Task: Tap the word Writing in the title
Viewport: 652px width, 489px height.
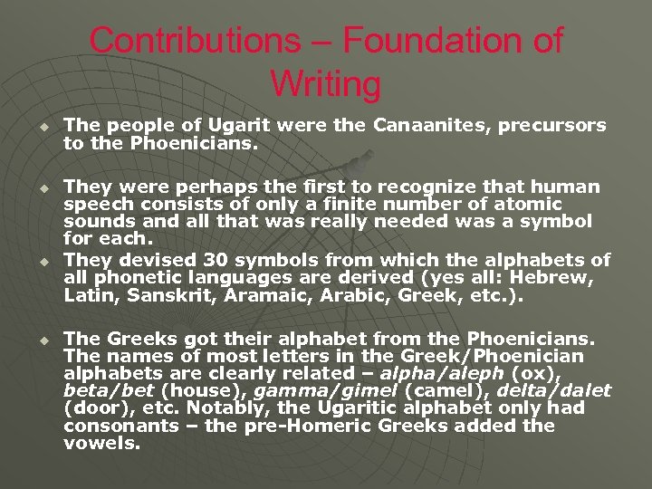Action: (326, 84)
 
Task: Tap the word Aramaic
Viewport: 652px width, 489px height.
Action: (274, 295)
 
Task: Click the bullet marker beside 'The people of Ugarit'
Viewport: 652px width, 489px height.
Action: (40, 125)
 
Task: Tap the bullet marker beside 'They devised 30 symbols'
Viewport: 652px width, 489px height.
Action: (40, 261)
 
